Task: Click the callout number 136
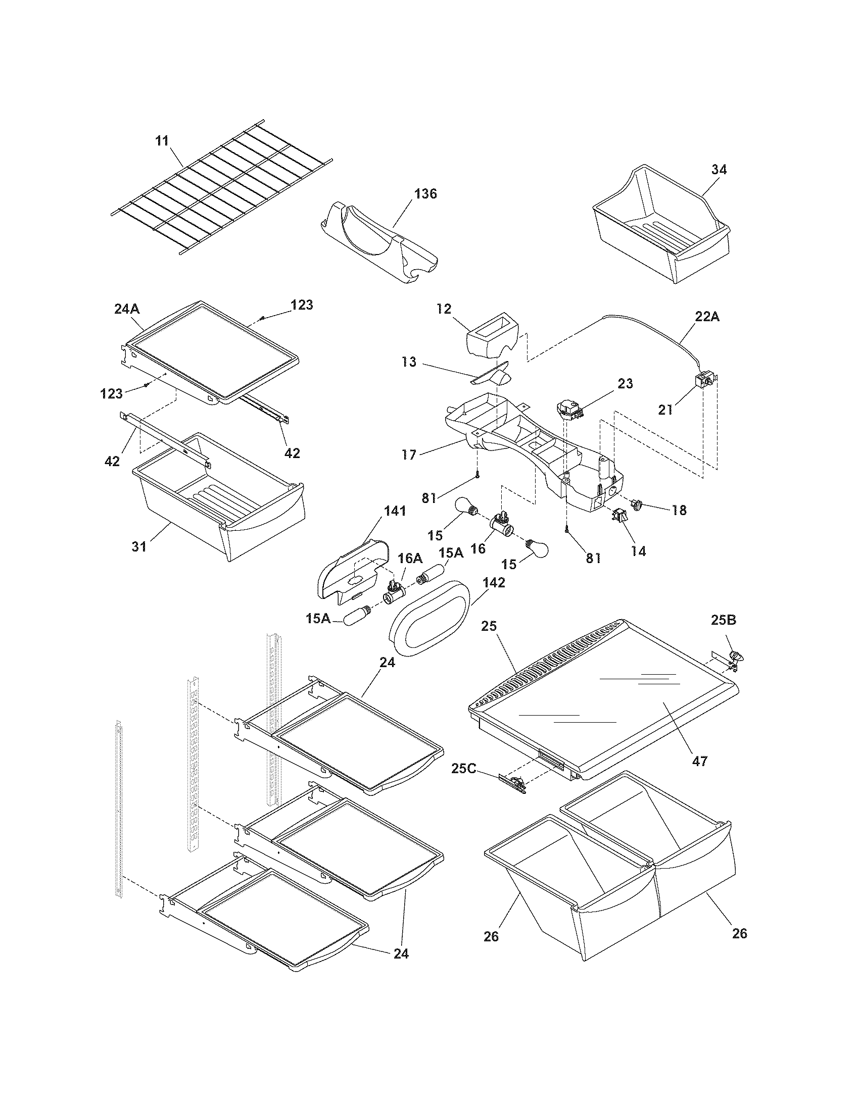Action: tap(425, 194)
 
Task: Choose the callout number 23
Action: tap(626, 384)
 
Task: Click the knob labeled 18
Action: tap(637, 504)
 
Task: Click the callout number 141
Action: tap(395, 511)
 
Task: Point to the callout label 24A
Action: tap(128, 309)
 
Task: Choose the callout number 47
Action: tap(700, 761)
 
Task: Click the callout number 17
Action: tap(409, 454)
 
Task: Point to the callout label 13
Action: tap(408, 362)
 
